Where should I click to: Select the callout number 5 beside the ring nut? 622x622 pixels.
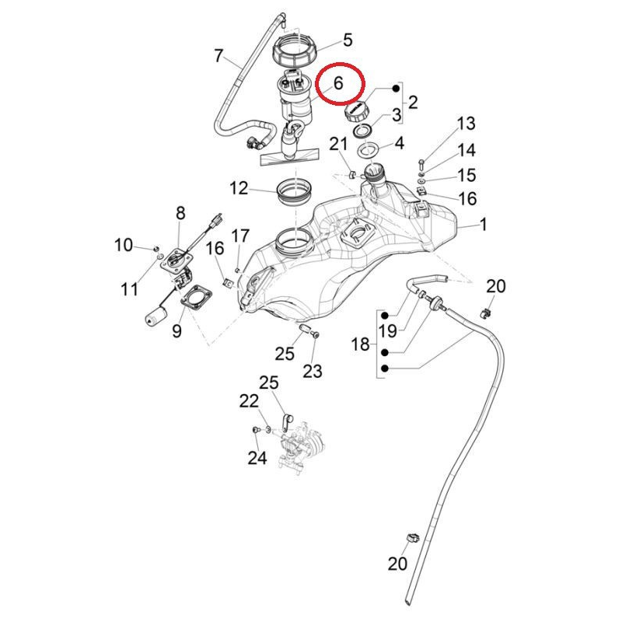coord(348,40)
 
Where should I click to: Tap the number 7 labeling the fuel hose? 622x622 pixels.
coord(218,55)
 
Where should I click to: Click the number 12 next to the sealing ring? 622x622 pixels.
coord(239,187)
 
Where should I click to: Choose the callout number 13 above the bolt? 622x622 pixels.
coord(465,124)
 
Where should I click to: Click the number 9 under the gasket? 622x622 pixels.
coord(176,331)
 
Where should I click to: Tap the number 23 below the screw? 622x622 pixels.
coord(312,372)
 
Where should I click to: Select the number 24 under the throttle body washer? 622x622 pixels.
coord(257,458)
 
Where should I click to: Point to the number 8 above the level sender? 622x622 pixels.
coord(180,212)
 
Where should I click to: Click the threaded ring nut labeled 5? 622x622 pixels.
coord(296,52)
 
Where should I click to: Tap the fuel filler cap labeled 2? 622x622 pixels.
coord(357,110)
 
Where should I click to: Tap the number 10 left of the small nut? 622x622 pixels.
coord(124,246)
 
